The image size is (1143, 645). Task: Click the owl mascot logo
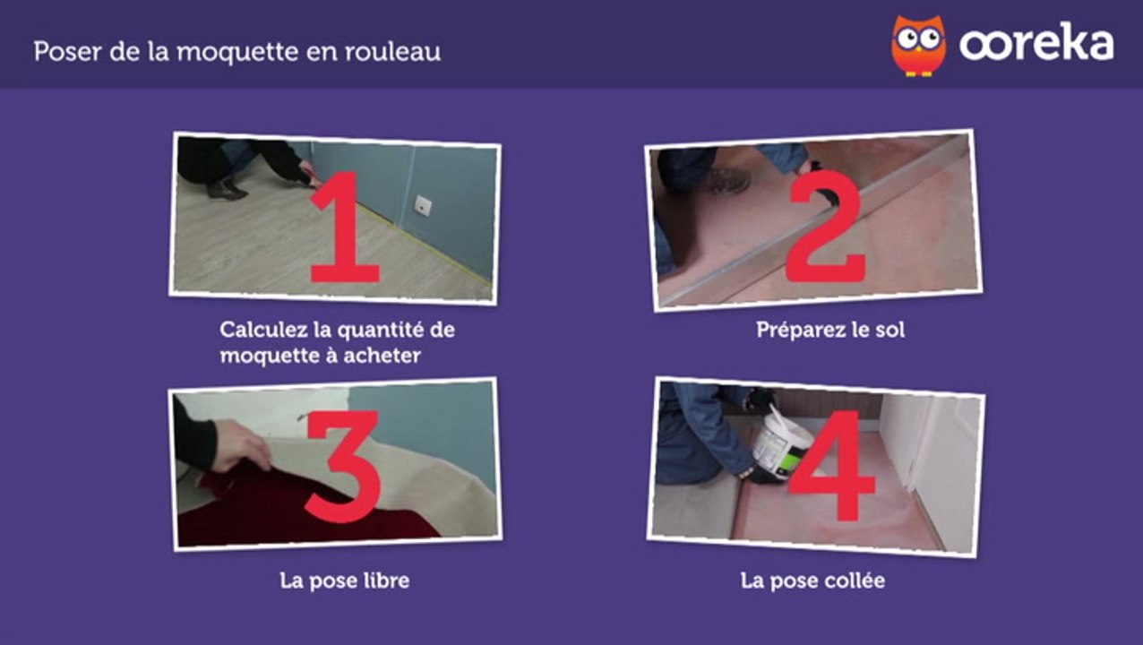coord(918,46)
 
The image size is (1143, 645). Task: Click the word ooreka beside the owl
coord(1036,42)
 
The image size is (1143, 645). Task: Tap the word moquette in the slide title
coord(237,53)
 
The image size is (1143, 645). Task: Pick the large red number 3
coord(343,466)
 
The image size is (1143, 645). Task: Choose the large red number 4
coord(832,466)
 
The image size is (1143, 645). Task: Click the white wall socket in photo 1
coord(423,205)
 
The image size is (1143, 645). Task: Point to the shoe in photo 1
coord(226,190)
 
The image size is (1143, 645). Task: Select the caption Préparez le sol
coord(830,330)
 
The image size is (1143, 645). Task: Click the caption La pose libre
coord(345,580)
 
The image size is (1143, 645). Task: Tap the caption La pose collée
coord(812,580)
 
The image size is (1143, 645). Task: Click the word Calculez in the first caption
coord(264,330)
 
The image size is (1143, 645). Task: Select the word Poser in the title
coord(67,52)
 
